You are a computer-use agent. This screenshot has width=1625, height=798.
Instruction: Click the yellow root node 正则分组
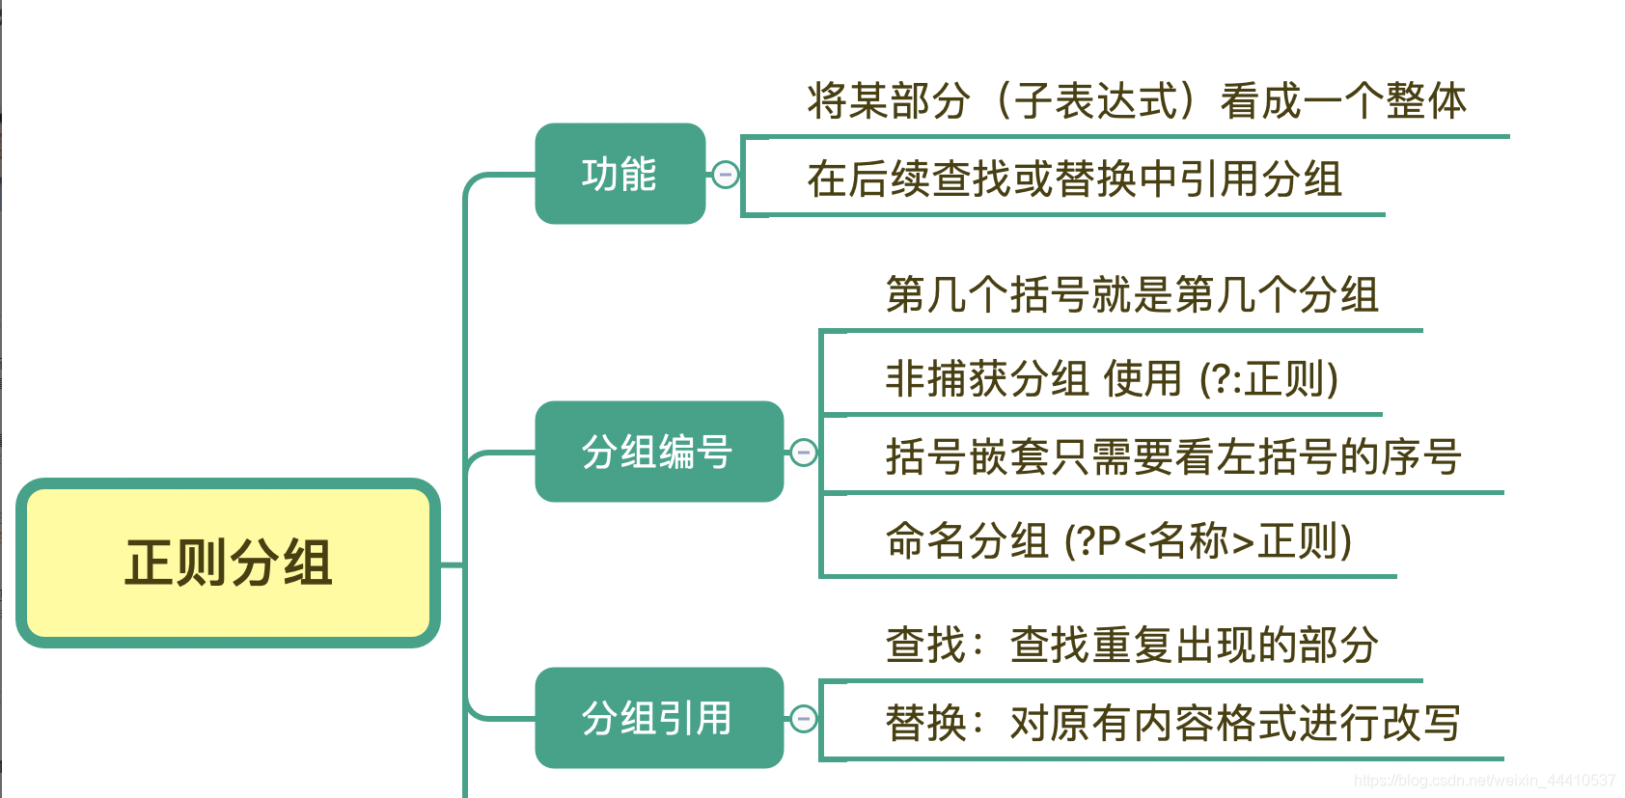pos(229,563)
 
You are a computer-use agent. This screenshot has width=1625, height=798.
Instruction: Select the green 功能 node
pos(620,174)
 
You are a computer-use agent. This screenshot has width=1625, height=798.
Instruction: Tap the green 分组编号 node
pos(658,452)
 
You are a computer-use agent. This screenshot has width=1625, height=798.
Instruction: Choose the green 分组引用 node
pos(658,718)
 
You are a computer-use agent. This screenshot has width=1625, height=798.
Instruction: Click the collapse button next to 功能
pos(725,175)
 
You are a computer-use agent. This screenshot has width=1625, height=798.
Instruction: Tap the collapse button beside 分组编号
pos(803,453)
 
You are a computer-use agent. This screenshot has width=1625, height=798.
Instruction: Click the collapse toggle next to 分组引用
pos(803,719)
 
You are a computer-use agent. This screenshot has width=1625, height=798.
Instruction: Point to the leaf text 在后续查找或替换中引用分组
pos(1074,179)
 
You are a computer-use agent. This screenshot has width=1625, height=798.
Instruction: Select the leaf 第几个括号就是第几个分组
pos(1132,295)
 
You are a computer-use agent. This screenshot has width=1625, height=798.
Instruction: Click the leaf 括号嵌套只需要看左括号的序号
pos(1173,457)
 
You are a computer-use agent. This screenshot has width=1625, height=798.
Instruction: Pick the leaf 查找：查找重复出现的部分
pos(1132,646)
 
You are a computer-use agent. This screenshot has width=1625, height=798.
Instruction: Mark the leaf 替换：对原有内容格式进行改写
pos(1173,724)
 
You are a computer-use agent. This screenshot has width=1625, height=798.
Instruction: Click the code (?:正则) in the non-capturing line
pos(1269,379)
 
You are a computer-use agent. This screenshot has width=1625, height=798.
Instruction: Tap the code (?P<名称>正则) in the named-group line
pos(1207,541)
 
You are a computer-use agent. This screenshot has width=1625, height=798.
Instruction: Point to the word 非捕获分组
pos(987,379)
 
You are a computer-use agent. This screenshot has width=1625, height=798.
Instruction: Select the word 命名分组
pos(967,541)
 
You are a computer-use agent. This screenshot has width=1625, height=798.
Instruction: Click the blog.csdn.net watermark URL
pos(1484,781)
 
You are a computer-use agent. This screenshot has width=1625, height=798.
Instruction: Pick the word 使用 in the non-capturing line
pos(1143,379)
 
